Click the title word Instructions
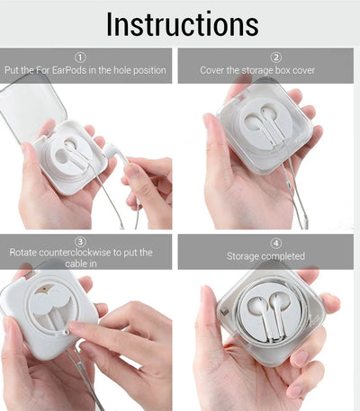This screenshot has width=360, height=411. click(183, 24)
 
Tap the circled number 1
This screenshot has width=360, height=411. click(80, 58)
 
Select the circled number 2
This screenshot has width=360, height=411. click(276, 58)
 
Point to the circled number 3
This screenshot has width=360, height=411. click(80, 242)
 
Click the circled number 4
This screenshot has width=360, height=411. click(276, 243)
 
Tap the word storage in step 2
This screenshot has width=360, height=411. click(257, 71)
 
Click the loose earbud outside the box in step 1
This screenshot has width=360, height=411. click(115, 152)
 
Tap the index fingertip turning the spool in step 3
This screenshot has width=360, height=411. click(75, 326)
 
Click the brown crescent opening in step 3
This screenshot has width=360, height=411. click(44, 289)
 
